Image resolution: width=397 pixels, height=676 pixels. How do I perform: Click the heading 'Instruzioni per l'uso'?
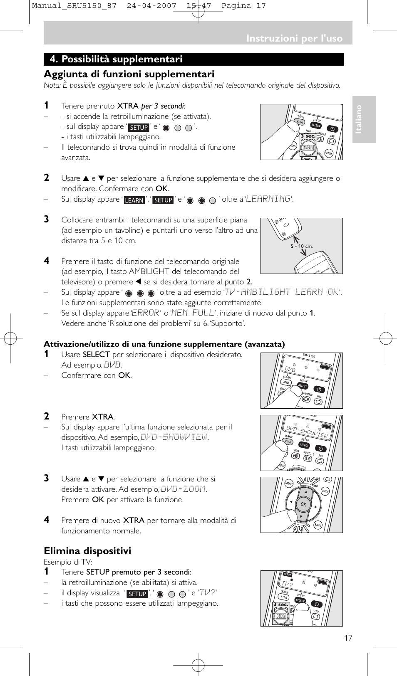294,38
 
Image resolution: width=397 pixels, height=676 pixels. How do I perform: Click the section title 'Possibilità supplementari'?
122,59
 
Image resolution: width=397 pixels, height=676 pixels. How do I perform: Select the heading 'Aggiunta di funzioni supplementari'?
129,74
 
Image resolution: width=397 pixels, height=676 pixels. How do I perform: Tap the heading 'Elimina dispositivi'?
87,551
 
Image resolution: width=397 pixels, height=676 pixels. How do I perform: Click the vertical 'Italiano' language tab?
359,119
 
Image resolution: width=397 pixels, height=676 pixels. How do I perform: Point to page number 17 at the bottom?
348,638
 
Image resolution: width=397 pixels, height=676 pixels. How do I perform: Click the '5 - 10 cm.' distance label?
302,246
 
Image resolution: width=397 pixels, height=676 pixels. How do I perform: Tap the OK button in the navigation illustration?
303,504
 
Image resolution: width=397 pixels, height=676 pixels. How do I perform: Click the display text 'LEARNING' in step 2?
268,199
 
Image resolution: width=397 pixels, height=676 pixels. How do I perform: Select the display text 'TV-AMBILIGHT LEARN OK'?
282,292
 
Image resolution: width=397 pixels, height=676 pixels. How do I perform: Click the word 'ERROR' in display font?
145,313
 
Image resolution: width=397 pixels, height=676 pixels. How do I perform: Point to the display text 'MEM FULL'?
193,313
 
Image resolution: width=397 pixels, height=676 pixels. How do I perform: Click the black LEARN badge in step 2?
134,200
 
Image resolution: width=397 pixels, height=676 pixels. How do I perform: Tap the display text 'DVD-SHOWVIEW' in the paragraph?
174,437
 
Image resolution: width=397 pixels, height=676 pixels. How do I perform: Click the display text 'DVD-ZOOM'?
183,489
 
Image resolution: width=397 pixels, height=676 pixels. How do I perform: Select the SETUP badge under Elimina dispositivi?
137,594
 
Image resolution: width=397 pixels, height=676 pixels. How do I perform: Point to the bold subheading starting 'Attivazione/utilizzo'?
164,344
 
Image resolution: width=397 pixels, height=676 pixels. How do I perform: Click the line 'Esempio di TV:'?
68,562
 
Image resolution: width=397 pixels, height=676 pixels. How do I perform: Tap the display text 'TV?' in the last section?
208,593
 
